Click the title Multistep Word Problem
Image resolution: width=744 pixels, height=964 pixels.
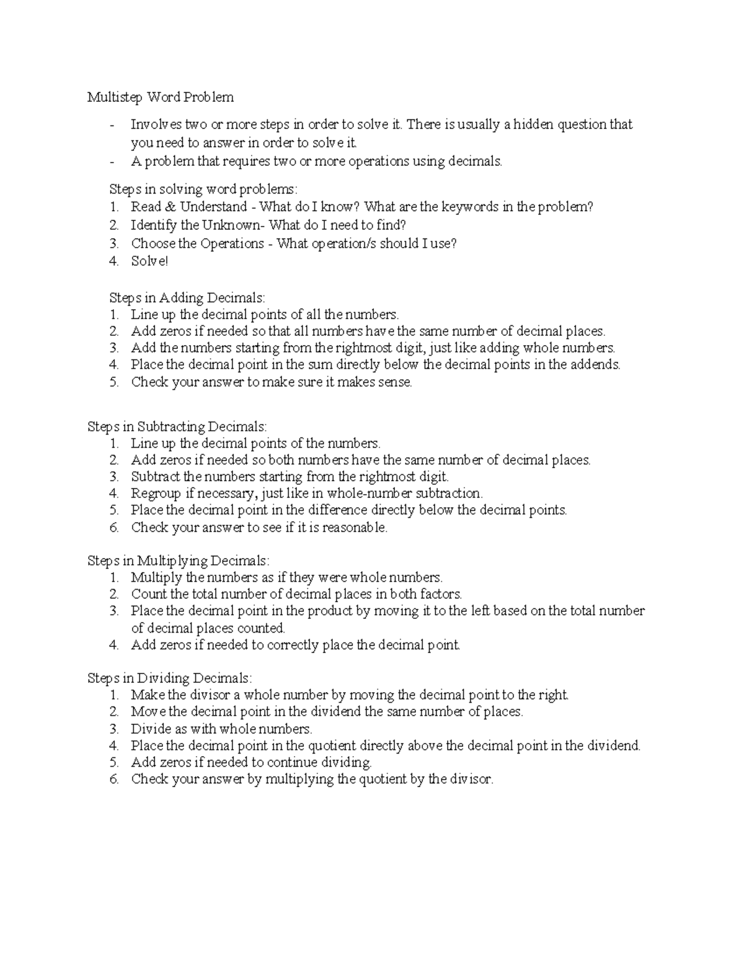click(161, 97)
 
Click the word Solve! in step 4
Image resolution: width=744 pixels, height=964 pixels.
click(149, 261)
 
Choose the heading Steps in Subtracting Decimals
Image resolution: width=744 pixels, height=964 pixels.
click(177, 427)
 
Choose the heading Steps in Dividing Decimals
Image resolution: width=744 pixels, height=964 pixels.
click(170, 678)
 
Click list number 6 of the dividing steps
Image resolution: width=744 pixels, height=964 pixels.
click(113, 780)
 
